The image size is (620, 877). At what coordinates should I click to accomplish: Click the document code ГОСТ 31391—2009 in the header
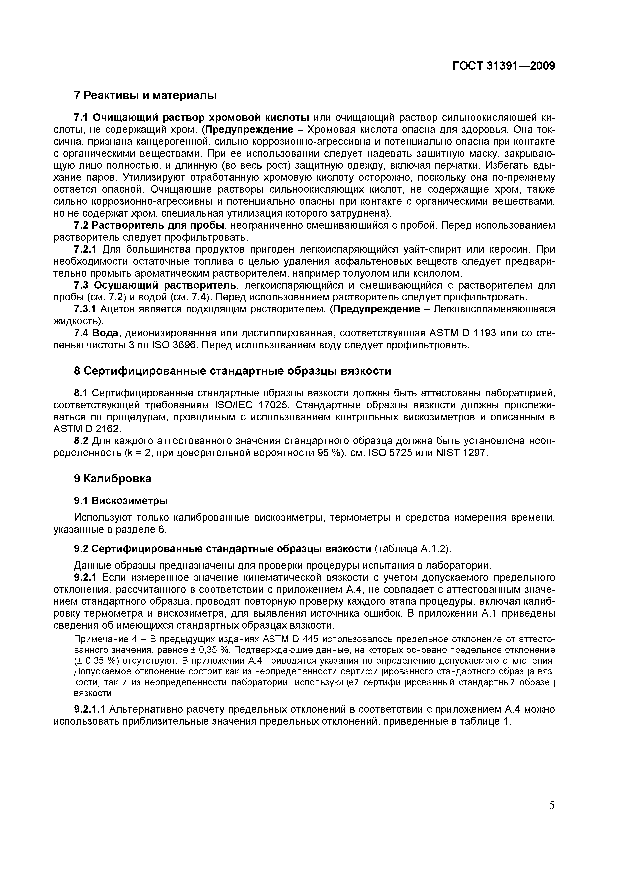[503, 66]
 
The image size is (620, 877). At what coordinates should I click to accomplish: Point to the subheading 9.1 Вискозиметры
[121, 500]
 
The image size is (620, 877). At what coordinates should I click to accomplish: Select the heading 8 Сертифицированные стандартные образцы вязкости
[232, 371]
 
